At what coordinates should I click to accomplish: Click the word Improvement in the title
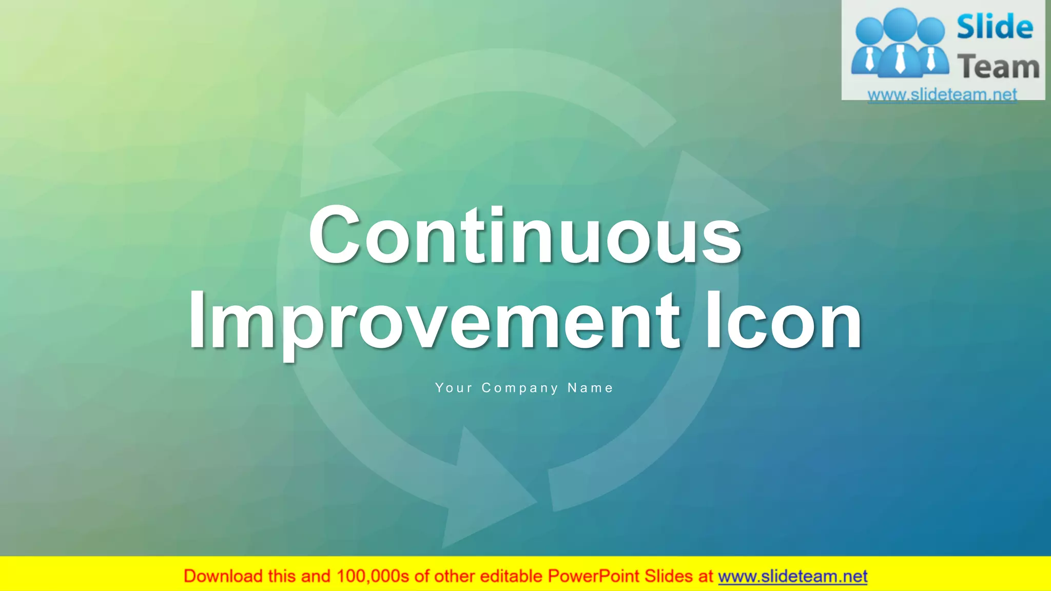pos(434,320)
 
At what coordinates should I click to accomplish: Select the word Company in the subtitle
pos(519,388)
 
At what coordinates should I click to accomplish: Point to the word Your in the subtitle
pos(454,388)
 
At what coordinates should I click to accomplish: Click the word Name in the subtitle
pos(590,388)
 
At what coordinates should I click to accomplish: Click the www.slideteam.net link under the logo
pos(942,94)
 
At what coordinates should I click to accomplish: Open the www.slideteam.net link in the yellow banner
pos(792,576)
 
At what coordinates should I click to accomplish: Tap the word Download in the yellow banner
pos(223,576)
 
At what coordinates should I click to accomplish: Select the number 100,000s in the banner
pos(373,576)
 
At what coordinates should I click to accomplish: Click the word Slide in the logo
pos(995,28)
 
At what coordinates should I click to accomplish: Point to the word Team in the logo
pos(998,67)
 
